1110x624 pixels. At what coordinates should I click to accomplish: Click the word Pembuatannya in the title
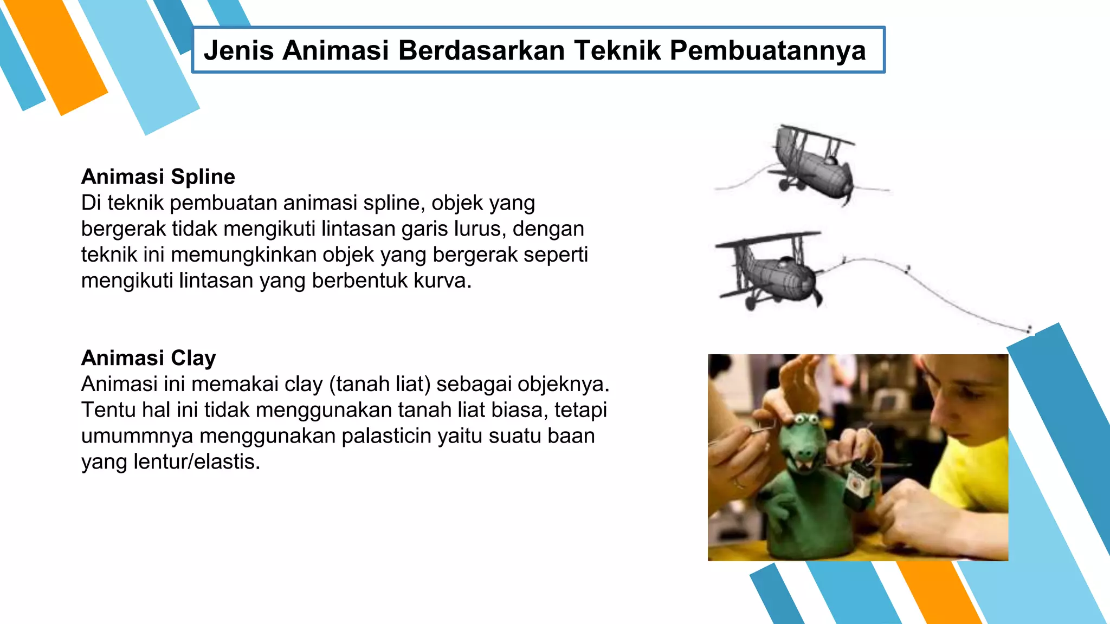pyautogui.click(x=767, y=50)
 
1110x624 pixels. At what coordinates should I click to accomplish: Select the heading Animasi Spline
pyautogui.click(x=158, y=177)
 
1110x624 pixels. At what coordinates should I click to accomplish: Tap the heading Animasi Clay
pyautogui.click(x=149, y=358)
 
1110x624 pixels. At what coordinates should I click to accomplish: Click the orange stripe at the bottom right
pyautogui.click(x=938, y=593)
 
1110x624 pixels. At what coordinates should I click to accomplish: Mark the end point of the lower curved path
pyautogui.click(x=1029, y=329)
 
